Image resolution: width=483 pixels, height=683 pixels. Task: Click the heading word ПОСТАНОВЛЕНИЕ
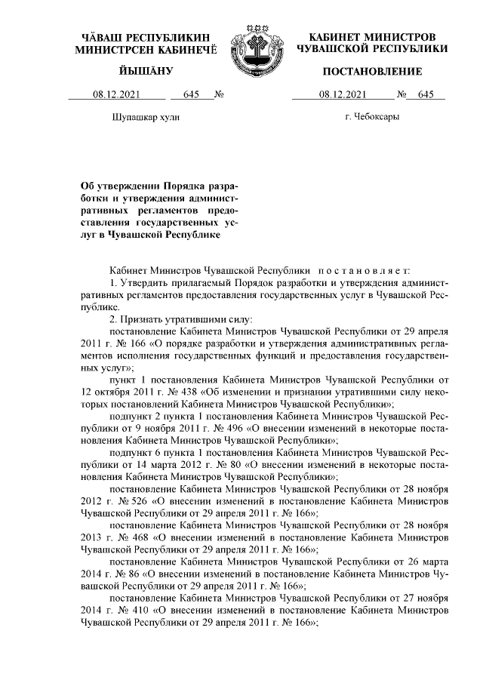point(372,72)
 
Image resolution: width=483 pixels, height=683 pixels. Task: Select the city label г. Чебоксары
point(372,117)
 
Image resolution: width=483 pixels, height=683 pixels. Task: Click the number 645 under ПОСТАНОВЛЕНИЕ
point(426,95)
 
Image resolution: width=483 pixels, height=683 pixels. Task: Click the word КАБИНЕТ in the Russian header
point(338,36)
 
